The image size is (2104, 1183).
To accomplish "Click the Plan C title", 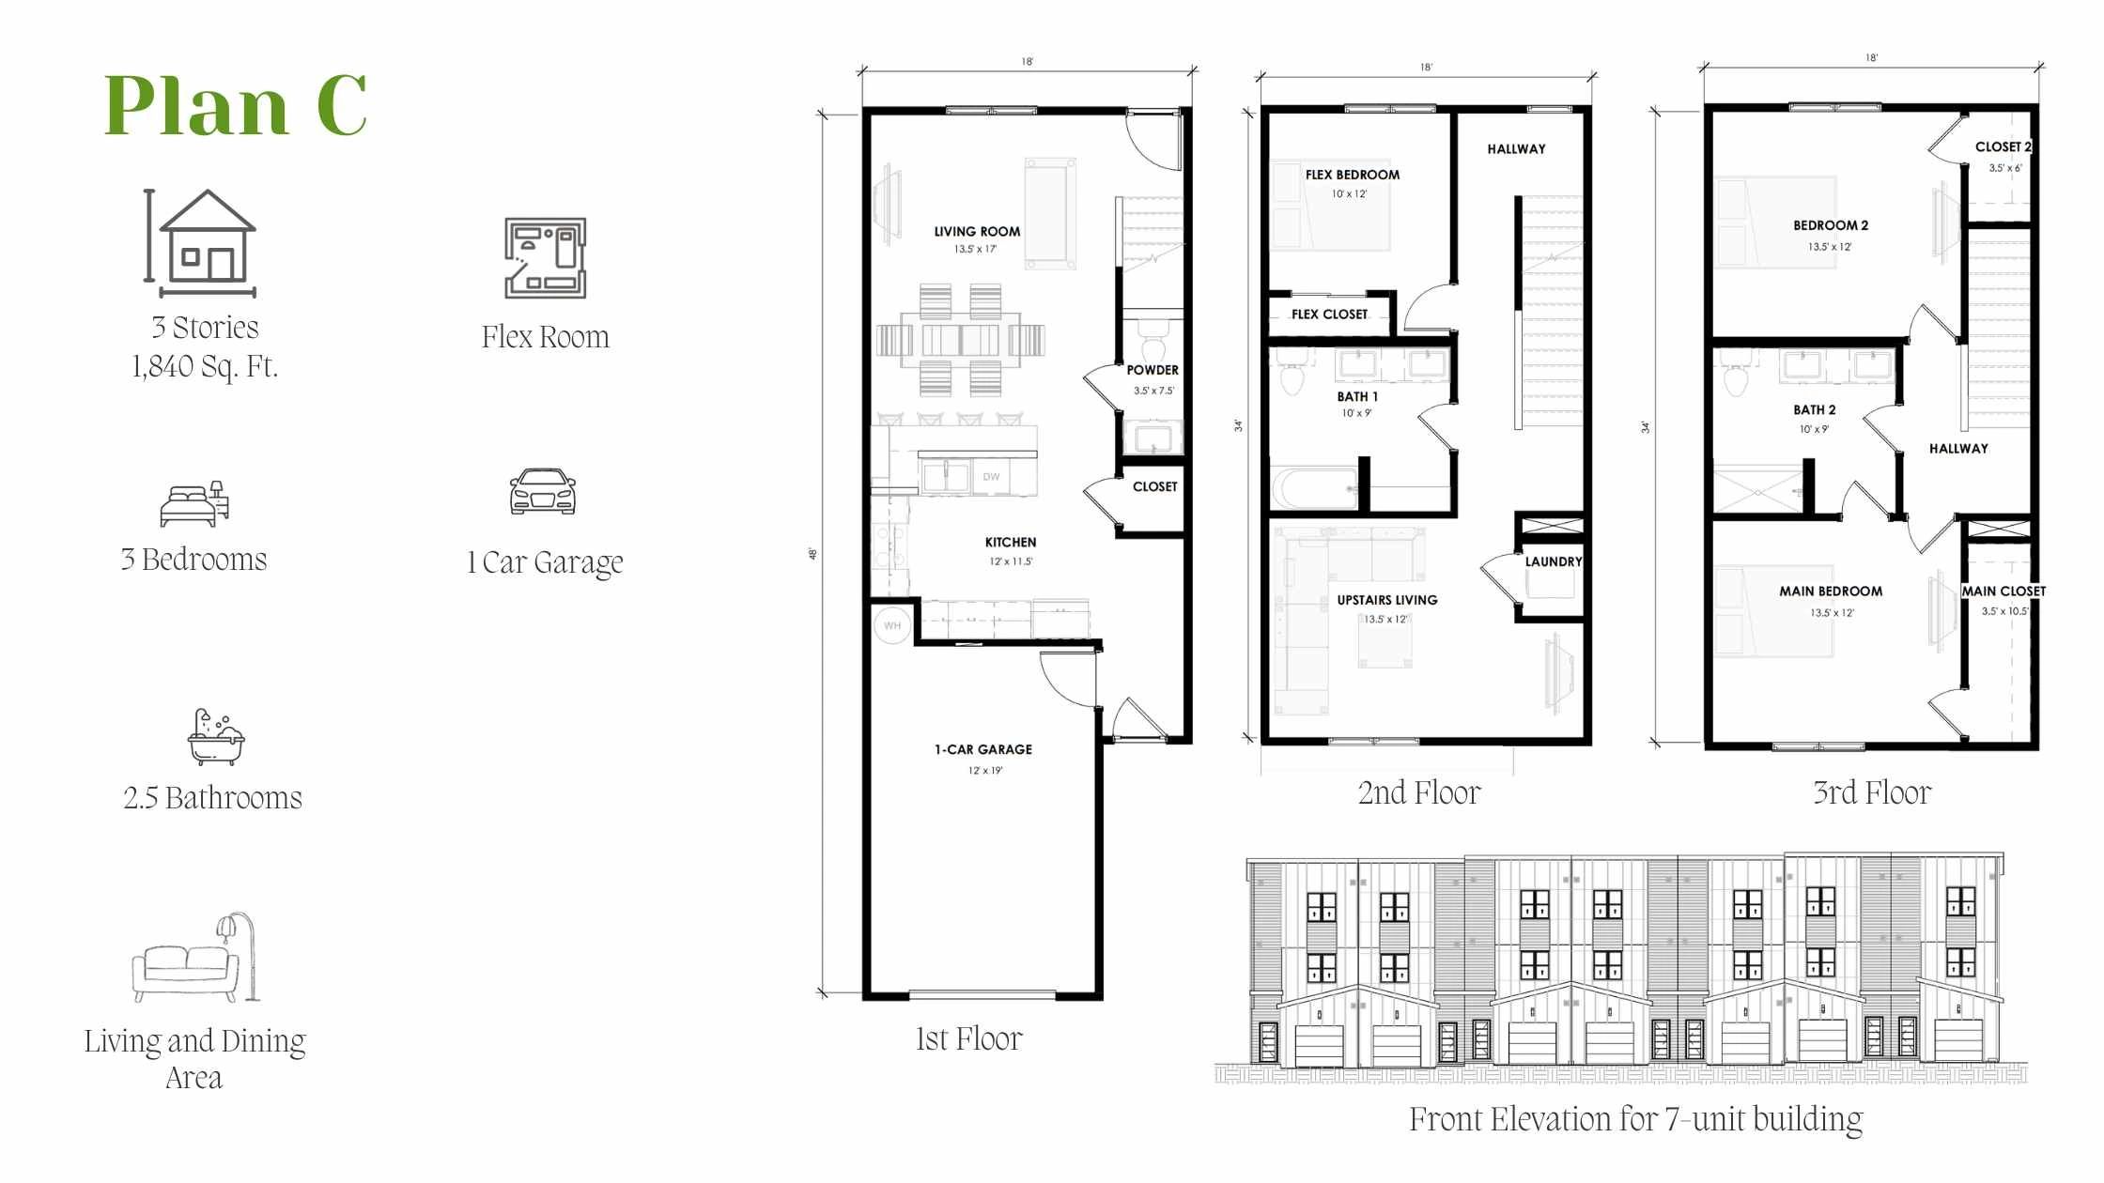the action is [235, 105].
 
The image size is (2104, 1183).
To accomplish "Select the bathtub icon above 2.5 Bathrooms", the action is [215, 737].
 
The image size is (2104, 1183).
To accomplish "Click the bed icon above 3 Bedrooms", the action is [194, 503].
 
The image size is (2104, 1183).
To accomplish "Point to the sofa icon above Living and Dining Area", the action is [194, 957].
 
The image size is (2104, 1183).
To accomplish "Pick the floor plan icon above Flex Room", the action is [545, 258].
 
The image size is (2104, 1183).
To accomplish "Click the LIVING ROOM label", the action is [977, 232].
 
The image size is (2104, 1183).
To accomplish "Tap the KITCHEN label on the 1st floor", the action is [1011, 543].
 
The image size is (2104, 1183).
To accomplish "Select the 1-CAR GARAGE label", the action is [983, 749].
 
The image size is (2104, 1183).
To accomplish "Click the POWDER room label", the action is [1153, 370].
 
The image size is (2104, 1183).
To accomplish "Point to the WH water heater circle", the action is [891, 625].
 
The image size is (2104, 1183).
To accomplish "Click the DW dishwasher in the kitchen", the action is [991, 477].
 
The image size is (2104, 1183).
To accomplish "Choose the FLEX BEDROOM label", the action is [1352, 175].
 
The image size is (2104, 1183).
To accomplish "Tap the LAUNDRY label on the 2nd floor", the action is [1554, 561].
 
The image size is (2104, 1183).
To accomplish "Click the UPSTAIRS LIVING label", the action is [1387, 600].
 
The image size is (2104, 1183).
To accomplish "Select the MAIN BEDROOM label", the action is [1831, 591].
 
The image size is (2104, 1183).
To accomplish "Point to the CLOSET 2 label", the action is [2003, 146].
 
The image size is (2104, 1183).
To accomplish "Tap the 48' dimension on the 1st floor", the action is [813, 554].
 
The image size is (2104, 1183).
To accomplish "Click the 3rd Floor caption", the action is [1872, 793].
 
